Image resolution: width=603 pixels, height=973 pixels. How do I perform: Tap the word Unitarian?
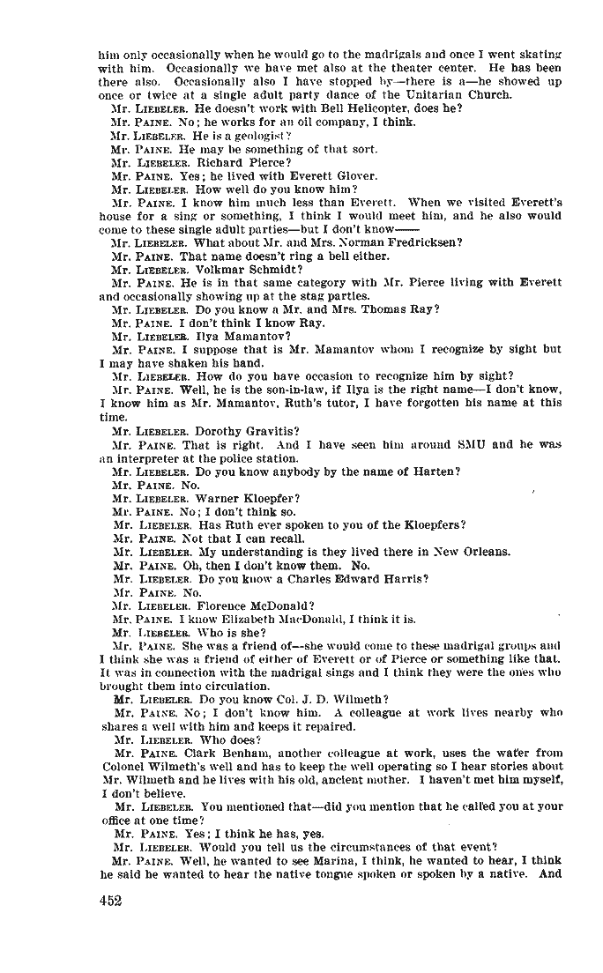(438, 94)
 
